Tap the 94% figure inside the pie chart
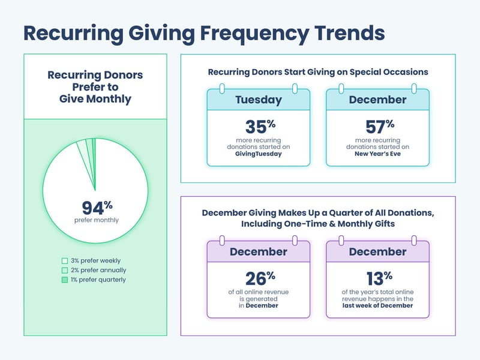click(97, 208)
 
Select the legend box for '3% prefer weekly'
click(65, 260)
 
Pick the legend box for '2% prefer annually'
click(65, 270)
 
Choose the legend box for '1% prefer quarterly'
click(65, 280)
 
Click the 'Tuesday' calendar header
click(258, 100)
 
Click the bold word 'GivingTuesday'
click(259, 154)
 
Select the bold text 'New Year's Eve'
click(378, 154)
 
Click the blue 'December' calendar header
click(377, 100)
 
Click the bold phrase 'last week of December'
click(378, 305)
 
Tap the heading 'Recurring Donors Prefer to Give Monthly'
click(95, 87)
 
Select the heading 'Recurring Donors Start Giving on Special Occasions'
click(318, 72)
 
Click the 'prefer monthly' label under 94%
click(97, 220)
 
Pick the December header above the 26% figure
click(258, 251)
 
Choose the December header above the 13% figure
click(377, 251)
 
